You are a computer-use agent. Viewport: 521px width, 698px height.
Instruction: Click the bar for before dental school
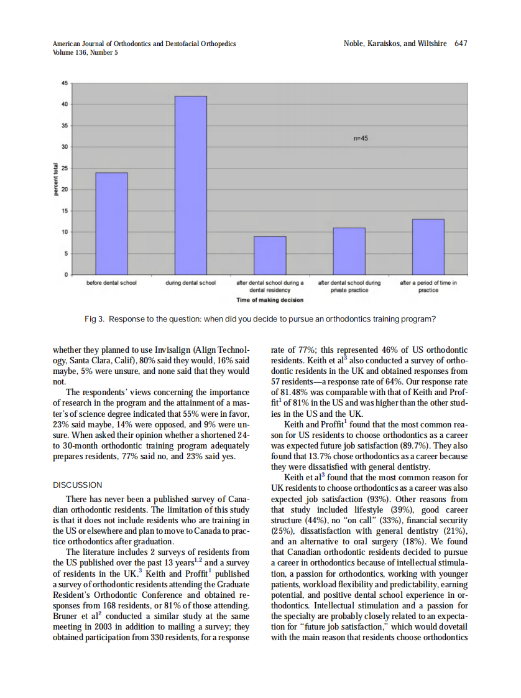click(x=111, y=223)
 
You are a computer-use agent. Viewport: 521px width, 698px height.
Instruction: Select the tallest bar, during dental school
click(x=191, y=185)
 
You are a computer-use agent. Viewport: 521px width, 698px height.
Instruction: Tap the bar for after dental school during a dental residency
click(x=270, y=255)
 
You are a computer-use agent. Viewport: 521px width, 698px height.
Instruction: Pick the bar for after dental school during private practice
click(x=349, y=251)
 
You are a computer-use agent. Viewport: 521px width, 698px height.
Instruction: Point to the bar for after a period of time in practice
click(x=428, y=246)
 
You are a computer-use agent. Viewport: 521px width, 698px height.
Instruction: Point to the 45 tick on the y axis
click(x=65, y=82)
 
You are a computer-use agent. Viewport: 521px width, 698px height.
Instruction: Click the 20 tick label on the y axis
click(x=65, y=189)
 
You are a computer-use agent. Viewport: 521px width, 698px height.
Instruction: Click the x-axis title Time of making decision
click(x=270, y=300)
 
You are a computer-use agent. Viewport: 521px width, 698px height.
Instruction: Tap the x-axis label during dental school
click(x=191, y=283)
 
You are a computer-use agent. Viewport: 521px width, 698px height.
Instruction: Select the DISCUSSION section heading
click(x=78, y=485)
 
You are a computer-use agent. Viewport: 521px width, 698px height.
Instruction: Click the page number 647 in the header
click(x=461, y=44)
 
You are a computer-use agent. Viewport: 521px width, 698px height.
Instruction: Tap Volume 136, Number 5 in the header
click(x=85, y=52)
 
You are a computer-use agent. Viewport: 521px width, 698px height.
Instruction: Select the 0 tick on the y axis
click(x=67, y=275)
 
